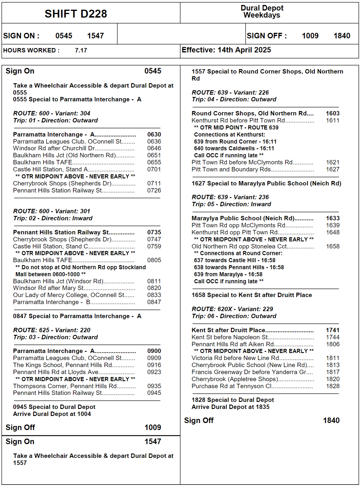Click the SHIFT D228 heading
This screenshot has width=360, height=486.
click(x=76, y=14)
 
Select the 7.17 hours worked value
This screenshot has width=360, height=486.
click(x=81, y=50)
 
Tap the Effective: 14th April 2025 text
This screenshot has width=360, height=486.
click(x=226, y=50)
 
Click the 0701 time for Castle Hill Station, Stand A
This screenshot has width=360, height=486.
click(x=154, y=169)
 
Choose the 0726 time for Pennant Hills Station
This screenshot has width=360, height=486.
click(x=154, y=190)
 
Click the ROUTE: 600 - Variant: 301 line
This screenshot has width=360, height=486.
click(x=52, y=211)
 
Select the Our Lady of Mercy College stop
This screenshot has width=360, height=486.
click(x=69, y=295)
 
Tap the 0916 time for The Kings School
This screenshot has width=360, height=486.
click(x=154, y=365)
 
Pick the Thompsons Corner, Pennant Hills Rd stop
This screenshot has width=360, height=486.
click(x=65, y=386)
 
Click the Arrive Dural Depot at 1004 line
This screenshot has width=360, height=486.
click(x=52, y=414)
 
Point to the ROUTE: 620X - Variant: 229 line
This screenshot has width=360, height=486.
click(x=232, y=309)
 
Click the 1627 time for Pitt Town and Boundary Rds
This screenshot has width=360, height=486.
click(x=333, y=169)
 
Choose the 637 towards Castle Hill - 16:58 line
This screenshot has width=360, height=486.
click(x=235, y=260)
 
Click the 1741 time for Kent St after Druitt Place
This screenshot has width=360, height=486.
click(x=333, y=330)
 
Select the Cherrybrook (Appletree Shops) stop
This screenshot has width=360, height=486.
click(x=235, y=379)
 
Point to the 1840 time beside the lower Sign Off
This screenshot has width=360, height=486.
click(x=331, y=420)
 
